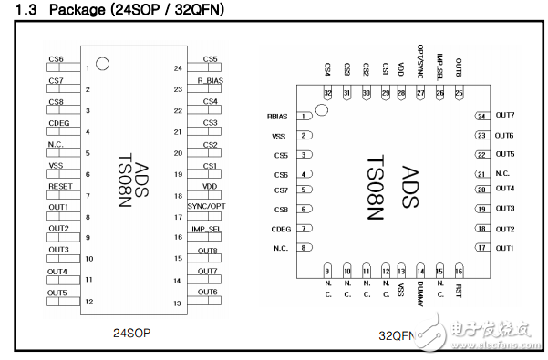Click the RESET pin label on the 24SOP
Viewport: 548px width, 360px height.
click(59, 186)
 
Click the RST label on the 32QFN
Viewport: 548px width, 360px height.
click(458, 291)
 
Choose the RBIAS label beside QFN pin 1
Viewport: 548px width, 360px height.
click(278, 117)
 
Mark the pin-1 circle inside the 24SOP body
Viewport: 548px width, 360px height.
click(103, 65)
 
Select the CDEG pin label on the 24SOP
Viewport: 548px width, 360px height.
click(58, 122)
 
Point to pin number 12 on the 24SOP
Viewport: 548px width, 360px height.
click(88, 302)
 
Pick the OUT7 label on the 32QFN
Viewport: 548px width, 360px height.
click(505, 116)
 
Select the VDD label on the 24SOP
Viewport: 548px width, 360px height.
click(210, 186)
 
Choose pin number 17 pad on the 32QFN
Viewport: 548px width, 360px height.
click(480, 248)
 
